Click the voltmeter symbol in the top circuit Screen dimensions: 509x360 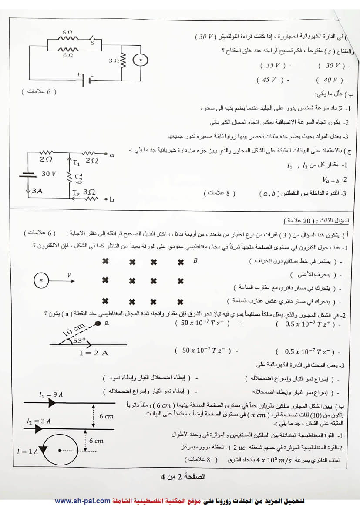pos(141,60)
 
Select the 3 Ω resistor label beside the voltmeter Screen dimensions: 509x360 pos(114,61)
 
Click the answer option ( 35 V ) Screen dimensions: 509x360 pos(273,65)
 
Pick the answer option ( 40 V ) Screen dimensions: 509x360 pos(330,80)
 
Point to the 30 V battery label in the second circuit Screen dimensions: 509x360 pos(49,174)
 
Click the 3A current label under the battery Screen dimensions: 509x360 pos(37,191)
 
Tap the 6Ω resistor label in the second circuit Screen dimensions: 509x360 pos(78,178)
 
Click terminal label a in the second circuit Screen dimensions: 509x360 pos(112,155)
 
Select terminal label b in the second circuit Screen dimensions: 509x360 pos(112,200)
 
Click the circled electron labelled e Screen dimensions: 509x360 pos(41,281)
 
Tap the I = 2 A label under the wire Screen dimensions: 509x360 pos(94,353)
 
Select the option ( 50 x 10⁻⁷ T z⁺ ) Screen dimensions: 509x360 pos(202,323)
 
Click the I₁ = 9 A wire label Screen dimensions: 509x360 pos(51,394)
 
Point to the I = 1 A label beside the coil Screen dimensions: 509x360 pos(27,452)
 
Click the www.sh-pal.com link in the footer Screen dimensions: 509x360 pos(82,501)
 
